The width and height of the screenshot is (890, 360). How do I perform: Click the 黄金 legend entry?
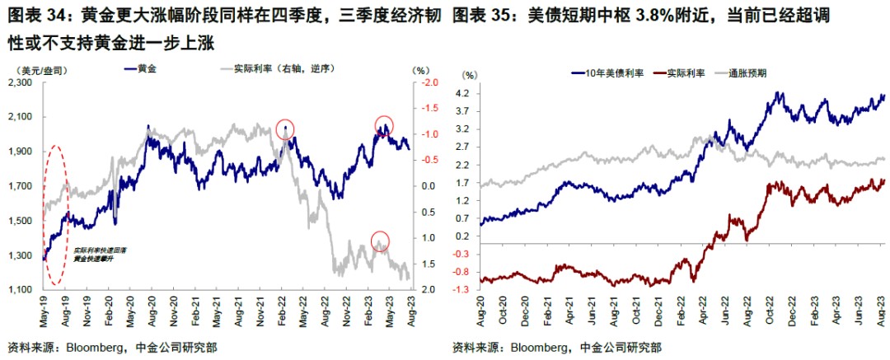coord(148,69)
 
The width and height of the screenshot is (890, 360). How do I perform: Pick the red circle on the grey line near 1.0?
coord(380,241)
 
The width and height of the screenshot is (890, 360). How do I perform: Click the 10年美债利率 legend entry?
coord(610,73)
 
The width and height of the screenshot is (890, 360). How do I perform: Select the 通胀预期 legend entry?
coord(749,73)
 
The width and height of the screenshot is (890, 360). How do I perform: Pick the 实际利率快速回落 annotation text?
coord(92,250)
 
